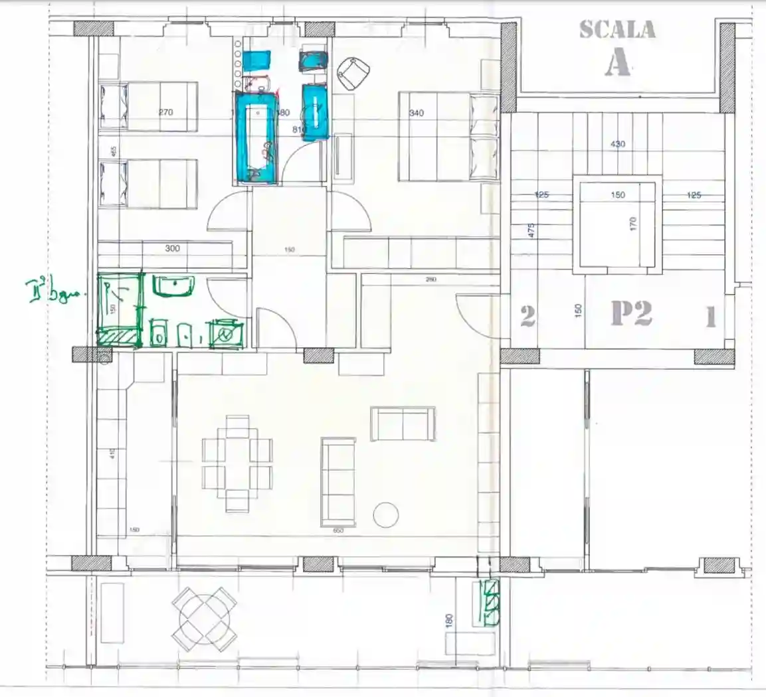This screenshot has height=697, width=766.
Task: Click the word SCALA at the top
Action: (617, 30)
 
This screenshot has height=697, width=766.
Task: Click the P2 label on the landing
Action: (631, 313)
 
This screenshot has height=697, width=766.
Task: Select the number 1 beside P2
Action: (710, 318)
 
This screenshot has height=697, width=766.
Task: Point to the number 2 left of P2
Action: (527, 316)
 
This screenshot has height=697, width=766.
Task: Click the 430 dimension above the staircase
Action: (617, 144)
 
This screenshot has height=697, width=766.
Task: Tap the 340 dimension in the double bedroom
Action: (417, 113)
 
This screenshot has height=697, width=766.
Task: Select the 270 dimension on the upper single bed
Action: (166, 112)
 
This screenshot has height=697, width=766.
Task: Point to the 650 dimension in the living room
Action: (338, 530)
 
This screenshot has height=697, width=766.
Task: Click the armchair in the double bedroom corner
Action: (353, 73)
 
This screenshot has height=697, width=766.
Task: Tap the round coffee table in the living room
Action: (386, 514)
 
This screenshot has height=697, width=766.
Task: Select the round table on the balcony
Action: (205, 619)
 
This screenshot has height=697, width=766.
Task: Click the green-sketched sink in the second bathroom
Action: (173, 286)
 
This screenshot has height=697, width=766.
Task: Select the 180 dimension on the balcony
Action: (450, 622)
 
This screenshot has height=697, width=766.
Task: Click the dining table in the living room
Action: (237, 463)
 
